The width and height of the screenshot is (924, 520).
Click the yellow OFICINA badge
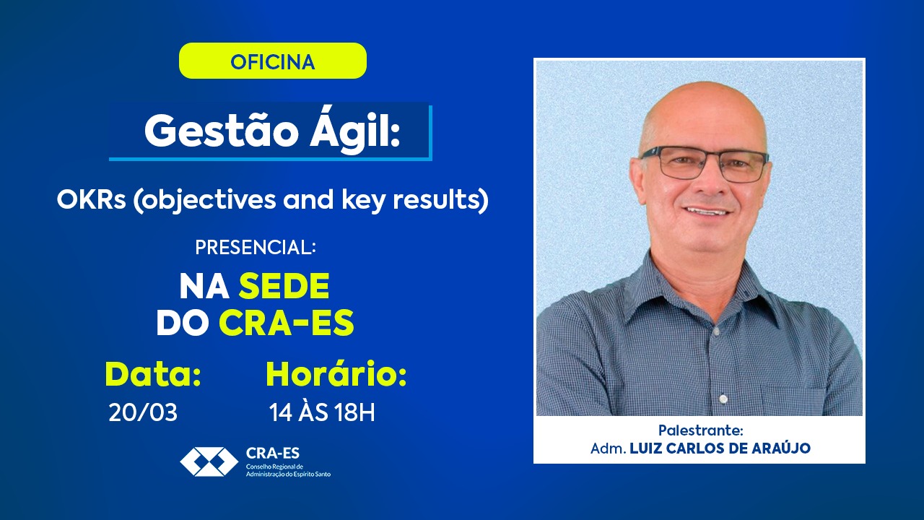273,61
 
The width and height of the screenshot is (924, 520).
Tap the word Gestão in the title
222,131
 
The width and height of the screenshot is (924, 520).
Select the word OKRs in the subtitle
92,200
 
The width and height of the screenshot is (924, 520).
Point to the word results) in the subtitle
440,201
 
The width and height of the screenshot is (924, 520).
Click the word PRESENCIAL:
256,247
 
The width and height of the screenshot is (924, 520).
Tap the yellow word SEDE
284,286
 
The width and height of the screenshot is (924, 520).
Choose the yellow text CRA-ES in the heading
287,322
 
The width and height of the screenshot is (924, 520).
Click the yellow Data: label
153,374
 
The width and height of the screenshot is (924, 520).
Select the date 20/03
143,412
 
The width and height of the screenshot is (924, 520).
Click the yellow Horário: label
336,374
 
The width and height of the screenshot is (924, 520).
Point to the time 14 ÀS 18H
322,412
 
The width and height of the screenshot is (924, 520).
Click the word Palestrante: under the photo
700,430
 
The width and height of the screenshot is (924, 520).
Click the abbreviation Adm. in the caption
609,448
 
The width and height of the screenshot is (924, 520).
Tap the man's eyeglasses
705,164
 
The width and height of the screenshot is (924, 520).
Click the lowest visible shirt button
723,399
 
